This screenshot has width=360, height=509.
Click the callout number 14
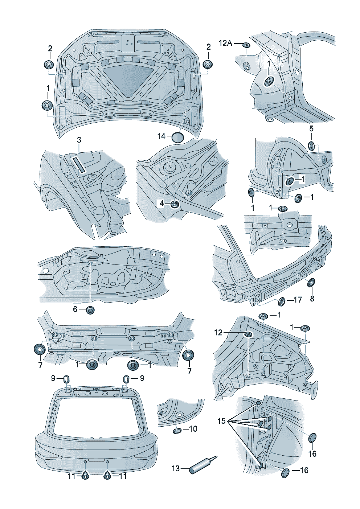point(161,136)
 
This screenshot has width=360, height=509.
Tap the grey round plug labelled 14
point(178,137)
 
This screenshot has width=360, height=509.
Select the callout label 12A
point(226,43)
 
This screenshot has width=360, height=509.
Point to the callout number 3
point(79,140)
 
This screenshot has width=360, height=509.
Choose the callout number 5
point(311,129)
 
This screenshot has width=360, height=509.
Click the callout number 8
point(312,299)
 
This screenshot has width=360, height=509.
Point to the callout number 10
point(193,429)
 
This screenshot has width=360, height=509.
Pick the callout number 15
point(222,421)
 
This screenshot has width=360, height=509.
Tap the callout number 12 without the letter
point(218,332)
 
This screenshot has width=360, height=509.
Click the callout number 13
point(176,468)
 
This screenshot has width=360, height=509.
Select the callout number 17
point(298,300)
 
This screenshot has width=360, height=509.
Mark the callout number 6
point(75,309)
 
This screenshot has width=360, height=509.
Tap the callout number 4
point(162,203)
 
